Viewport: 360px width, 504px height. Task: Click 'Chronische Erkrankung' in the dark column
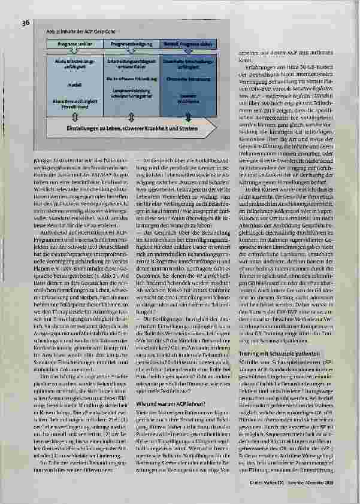coord(186,78)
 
